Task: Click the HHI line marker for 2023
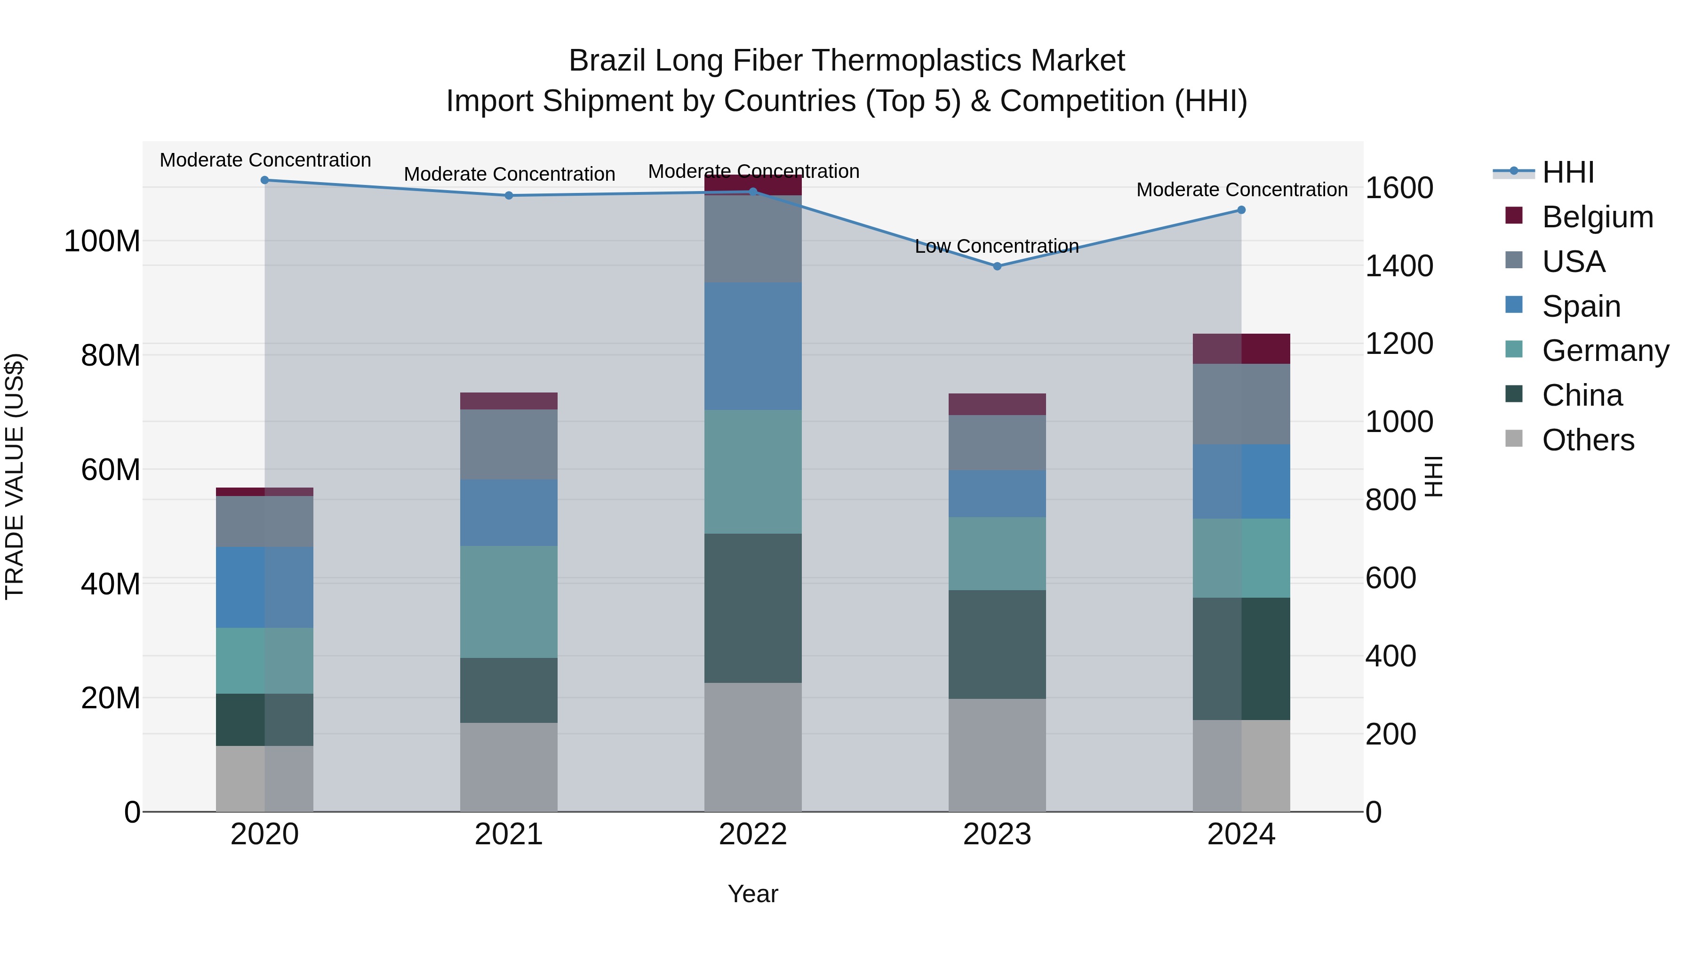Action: click(x=997, y=266)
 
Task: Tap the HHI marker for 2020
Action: click(x=264, y=180)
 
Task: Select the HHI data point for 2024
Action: click(x=1241, y=210)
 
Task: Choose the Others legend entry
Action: click(x=1588, y=440)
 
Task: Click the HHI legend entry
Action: click(x=1568, y=172)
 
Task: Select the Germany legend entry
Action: click(x=1605, y=351)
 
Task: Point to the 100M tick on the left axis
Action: click(x=102, y=241)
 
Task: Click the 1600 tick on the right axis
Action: click(x=1399, y=188)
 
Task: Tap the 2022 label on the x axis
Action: click(x=753, y=834)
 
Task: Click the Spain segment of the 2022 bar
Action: click(x=753, y=346)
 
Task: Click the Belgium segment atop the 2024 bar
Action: click(x=1241, y=349)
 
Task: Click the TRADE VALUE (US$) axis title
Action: click(x=15, y=476)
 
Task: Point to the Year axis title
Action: click(x=753, y=894)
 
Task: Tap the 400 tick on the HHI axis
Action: click(x=1391, y=657)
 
